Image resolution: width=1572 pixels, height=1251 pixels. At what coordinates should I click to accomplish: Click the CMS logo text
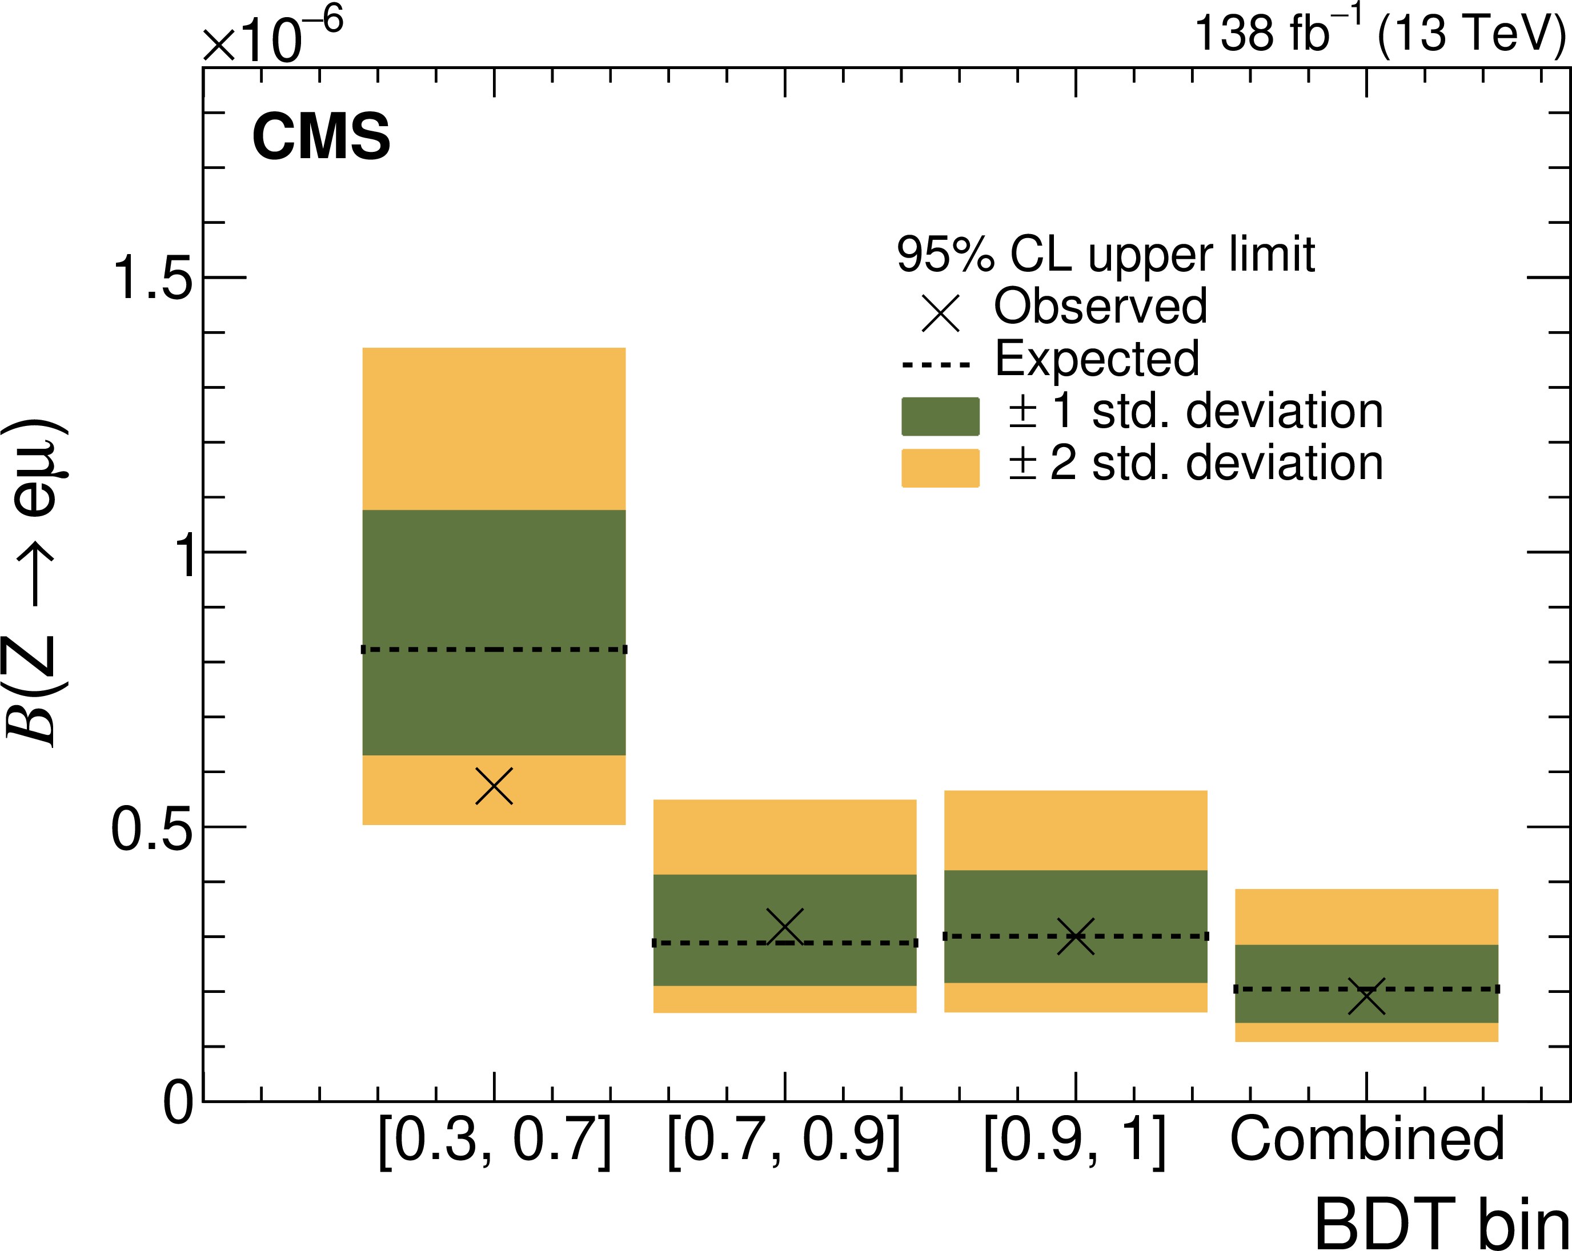point(321,137)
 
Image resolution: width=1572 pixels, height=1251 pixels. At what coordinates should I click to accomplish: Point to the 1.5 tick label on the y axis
point(151,279)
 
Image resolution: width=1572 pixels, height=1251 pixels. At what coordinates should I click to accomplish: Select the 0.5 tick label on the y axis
point(151,829)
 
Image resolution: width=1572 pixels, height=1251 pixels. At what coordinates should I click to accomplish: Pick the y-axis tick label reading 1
point(188,554)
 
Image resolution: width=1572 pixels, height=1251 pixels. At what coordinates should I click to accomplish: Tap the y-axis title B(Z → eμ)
point(35,583)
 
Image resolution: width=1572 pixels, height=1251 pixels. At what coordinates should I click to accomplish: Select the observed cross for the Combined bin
point(1366,997)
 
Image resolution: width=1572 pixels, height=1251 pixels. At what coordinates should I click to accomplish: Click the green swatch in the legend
point(940,416)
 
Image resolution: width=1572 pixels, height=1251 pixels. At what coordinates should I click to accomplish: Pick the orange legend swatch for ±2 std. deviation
point(940,468)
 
